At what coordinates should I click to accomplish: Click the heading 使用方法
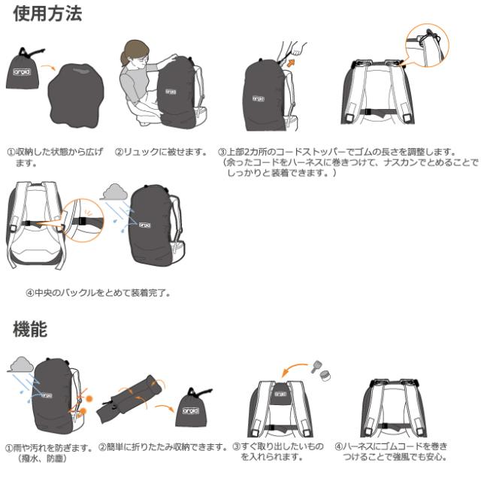tap(47, 14)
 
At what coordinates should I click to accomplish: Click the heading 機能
tap(30, 329)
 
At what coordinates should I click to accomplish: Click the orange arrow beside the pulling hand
tap(290, 63)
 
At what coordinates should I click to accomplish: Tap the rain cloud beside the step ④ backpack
tap(115, 192)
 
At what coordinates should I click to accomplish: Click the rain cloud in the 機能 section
tap(21, 365)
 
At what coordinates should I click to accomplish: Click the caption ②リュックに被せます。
tap(162, 152)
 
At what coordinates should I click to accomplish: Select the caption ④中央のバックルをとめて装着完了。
tap(98, 293)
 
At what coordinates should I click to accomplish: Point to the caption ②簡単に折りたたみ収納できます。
tap(163, 447)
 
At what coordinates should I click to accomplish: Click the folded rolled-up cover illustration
tap(129, 398)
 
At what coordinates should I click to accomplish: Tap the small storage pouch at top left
tap(23, 69)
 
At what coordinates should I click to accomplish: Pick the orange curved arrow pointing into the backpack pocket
tap(293, 369)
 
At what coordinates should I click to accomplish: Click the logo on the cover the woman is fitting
tap(171, 92)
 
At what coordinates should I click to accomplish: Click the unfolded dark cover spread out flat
tap(76, 95)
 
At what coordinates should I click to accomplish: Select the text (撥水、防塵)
tap(42, 458)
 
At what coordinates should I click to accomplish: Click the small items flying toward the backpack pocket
tap(321, 371)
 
